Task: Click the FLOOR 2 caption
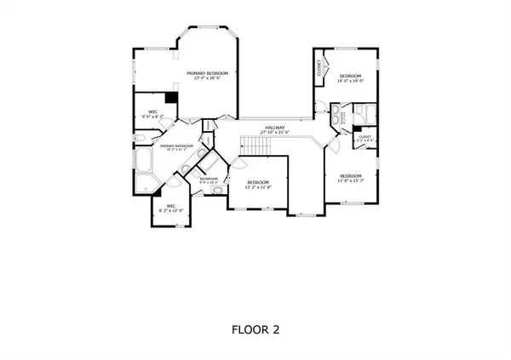255,328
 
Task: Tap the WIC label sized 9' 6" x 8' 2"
153,111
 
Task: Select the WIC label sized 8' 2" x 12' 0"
171,205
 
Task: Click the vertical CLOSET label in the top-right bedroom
320,67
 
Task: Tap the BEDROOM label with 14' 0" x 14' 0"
350,76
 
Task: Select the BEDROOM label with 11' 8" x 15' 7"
350,175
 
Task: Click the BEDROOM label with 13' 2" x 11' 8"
258,182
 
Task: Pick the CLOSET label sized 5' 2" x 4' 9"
365,136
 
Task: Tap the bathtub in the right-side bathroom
365,114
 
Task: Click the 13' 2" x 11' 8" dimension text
258,188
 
